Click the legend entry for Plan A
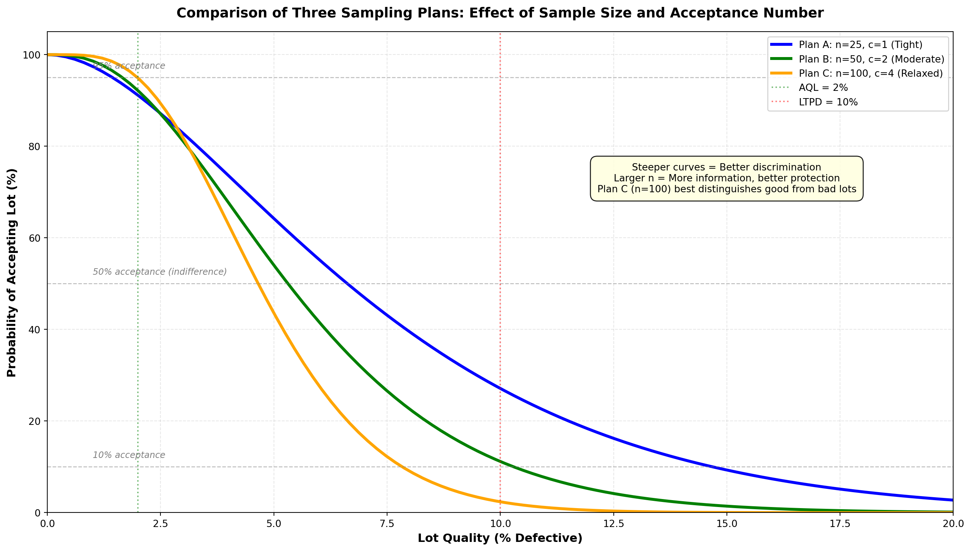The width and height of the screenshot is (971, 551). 860,45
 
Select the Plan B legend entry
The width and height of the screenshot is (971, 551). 871,59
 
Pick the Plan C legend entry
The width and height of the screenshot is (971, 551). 870,73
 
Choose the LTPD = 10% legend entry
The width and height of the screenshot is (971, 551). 828,102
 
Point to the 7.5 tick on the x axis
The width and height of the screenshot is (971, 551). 387,524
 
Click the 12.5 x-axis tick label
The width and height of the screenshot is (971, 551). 613,524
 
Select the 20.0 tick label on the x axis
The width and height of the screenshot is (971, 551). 953,524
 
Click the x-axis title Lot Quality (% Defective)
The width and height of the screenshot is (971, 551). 500,538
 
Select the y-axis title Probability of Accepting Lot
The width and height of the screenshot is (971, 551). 12,273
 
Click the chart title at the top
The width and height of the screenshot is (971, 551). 500,13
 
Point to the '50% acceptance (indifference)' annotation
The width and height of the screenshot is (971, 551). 159,272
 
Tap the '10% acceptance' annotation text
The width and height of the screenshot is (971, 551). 129,455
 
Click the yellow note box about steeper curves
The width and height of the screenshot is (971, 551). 727,178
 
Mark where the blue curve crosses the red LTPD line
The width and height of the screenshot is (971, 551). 500,388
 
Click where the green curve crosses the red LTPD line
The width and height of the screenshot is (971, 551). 500,461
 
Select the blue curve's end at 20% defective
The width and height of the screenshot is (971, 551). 952,500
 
